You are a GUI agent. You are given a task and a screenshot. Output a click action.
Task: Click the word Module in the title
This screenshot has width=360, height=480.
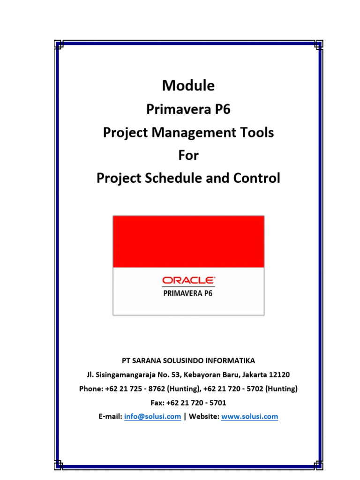[188, 86]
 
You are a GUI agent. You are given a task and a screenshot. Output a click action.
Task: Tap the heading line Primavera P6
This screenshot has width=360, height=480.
[188, 109]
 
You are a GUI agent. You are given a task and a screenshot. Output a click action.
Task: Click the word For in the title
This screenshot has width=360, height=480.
[188, 156]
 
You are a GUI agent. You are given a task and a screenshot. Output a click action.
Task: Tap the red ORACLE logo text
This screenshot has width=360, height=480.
[188, 280]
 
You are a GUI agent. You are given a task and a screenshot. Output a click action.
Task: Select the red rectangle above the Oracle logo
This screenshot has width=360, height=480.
[188, 241]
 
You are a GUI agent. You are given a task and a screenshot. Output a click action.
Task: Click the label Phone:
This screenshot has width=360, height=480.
[91, 389]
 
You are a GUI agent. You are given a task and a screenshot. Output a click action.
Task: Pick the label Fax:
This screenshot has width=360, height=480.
[158, 403]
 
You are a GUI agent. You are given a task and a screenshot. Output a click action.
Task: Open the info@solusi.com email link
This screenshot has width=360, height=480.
[152, 416]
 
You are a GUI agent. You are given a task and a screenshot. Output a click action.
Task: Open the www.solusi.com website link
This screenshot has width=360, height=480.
[249, 416]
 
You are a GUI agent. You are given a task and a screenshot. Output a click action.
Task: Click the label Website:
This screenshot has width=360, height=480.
[203, 416]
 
